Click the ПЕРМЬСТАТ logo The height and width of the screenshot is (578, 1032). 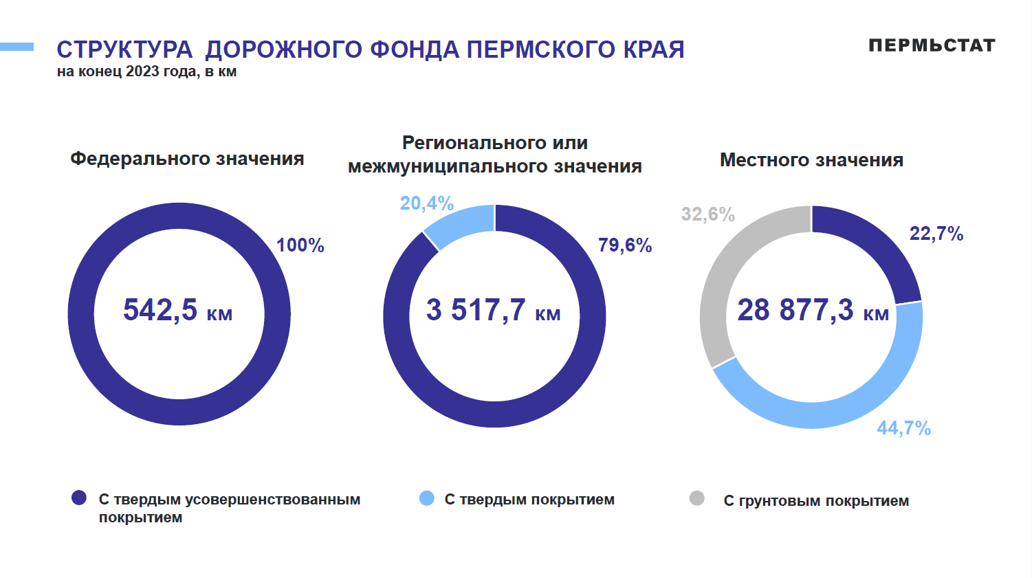(932, 45)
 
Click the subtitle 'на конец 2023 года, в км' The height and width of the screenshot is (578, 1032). (146, 71)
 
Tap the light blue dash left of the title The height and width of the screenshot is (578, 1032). (17, 47)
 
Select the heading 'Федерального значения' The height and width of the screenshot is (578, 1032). (187, 159)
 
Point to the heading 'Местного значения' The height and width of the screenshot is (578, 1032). (811, 160)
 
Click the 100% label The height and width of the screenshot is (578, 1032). (300, 245)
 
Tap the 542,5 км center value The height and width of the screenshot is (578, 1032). (178, 310)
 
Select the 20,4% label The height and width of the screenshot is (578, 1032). (426, 203)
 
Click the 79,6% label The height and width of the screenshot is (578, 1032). (624, 245)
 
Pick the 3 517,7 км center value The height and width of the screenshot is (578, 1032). (494, 310)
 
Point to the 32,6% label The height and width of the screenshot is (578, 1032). (707, 214)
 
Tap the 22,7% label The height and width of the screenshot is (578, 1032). (936, 234)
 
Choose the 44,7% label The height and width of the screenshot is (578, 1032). (903, 428)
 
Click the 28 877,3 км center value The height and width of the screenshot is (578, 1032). (813, 310)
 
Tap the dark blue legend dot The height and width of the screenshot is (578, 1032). (79, 498)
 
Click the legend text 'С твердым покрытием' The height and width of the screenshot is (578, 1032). (529, 500)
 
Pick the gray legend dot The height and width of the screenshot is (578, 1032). (697, 498)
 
